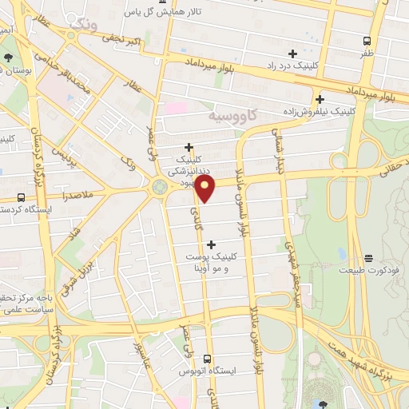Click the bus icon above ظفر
[x=367, y=40]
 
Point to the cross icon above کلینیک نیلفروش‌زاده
[x=320, y=100]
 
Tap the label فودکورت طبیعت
[x=368, y=270]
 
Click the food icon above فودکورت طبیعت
[x=368, y=258]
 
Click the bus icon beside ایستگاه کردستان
[x=20, y=197]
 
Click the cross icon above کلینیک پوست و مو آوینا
[x=211, y=244]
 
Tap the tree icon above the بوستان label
[x=7, y=57]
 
